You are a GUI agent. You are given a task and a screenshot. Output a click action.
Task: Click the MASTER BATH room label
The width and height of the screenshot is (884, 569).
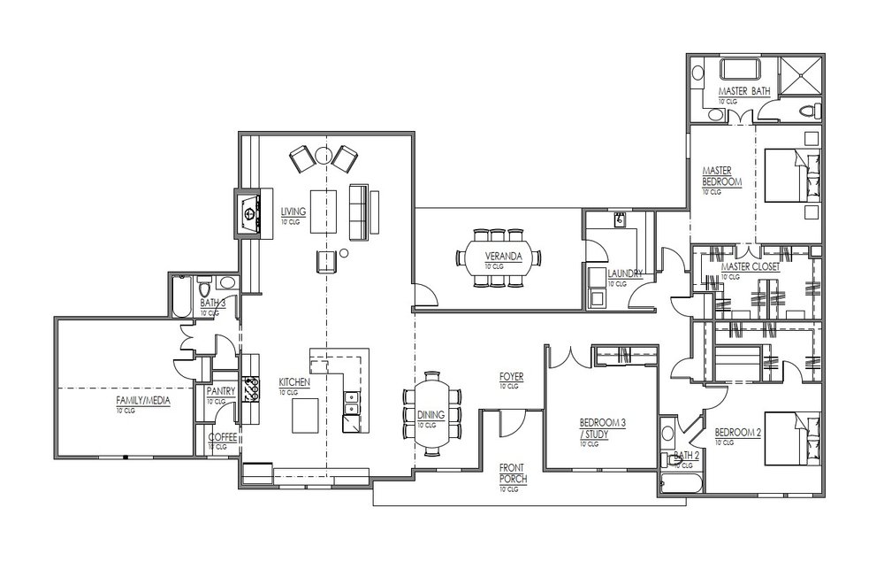tap(743, 91)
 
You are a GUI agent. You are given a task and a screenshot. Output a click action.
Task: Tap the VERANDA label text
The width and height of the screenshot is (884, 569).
tap(504, 257)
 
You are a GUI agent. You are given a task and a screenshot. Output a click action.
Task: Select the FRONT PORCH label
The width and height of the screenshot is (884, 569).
tap(513, 473)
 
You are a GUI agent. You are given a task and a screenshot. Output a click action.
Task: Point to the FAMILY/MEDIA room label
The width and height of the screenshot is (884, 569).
tap(143, 401)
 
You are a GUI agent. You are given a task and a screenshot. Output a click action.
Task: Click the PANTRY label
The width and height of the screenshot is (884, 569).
tap(221, 391)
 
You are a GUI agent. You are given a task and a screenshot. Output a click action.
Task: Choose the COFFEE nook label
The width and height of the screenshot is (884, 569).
tap(223, 437)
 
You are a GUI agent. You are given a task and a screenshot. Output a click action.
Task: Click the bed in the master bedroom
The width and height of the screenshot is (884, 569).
tap(792, 175)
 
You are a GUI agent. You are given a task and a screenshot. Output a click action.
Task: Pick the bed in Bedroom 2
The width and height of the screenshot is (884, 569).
tap(792, 439)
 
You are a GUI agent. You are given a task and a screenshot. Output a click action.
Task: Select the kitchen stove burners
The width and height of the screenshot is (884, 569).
tap(252, 388)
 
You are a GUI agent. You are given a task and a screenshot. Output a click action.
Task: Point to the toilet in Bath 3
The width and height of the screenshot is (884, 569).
tap(204, 287)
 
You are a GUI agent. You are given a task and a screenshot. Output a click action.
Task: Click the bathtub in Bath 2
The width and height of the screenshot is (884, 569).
tap(681, 484)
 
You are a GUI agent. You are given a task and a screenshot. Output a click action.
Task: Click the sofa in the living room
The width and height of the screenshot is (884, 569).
tap(359, 211)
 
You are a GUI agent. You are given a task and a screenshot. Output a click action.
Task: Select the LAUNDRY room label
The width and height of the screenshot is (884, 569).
tap(625, 273)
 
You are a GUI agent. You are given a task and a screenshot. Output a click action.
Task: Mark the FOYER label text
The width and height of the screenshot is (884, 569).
tap(511, 376)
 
